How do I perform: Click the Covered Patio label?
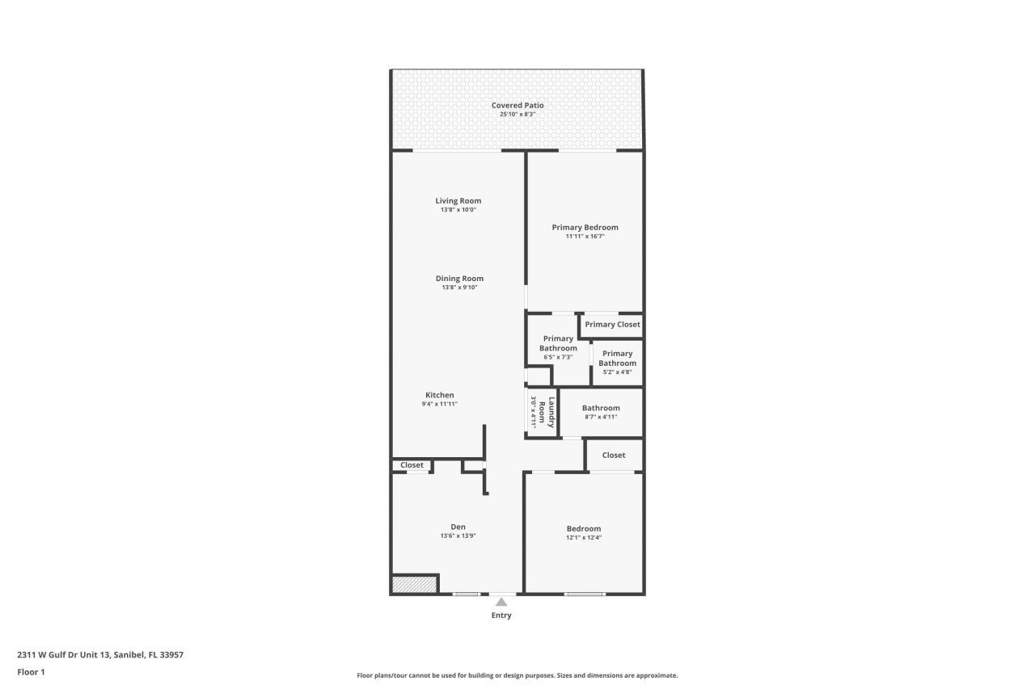tap(517, 105)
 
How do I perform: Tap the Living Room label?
tap(458, 201)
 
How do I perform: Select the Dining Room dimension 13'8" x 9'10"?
tap(459, 288)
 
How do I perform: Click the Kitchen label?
tap(439, 395)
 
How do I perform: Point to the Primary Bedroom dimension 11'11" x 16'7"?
tap(585, 237)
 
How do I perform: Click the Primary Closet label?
tap(612, 325)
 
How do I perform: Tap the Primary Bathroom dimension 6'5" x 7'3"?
tap(558, 357)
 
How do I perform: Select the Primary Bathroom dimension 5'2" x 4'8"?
tap(617, 372)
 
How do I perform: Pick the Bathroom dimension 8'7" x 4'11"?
tap(601, 417)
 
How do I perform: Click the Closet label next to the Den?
tap(412, 465)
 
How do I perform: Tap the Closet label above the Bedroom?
tap(614, 455)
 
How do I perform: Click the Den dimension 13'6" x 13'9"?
tap(458, 536)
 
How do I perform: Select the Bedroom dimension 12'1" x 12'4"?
tap(583, 537)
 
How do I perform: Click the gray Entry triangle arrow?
tap(501, 602)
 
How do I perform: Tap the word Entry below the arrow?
tap(501, 615)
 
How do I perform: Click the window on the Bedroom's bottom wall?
tap(584, 594)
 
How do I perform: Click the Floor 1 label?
tap(31, 671)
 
